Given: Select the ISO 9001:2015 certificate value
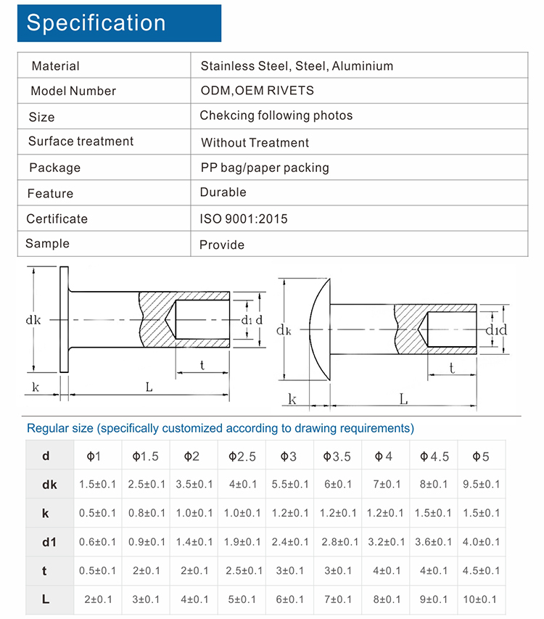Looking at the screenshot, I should coord(244,218).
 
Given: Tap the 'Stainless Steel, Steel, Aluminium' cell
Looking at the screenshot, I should coord(297,66).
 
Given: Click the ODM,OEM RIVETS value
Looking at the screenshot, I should coord(257,91).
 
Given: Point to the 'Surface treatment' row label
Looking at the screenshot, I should coord(81,142).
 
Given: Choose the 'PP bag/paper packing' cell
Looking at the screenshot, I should coord(265,168).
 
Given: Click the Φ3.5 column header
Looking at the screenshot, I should coord(337,456).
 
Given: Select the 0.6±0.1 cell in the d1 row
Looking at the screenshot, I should coord(96,542).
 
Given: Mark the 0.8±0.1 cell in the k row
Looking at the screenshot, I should coord(145,513).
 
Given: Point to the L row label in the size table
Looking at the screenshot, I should coord(45,599).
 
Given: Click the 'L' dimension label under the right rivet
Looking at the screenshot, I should coord(403,400).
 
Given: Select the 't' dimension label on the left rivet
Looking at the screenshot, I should coord(202,366).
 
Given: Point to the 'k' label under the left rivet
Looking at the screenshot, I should coord(36,387).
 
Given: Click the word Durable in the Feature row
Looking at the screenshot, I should coord(223,192).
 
